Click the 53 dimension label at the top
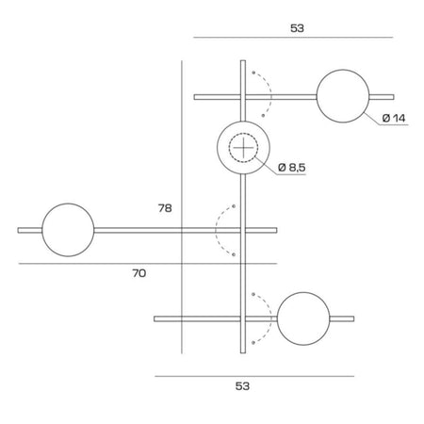coord(298,28)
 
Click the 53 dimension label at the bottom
coord(242,385)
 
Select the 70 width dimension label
coord(139,273)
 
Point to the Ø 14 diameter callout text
coord(394,119)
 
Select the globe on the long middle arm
coord(68,229)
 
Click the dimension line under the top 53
coord(292,38)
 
